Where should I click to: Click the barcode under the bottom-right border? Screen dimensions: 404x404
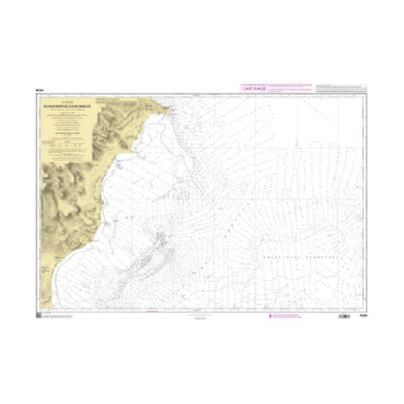click(344, 316)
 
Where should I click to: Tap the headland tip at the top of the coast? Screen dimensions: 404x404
click(166, 108)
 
